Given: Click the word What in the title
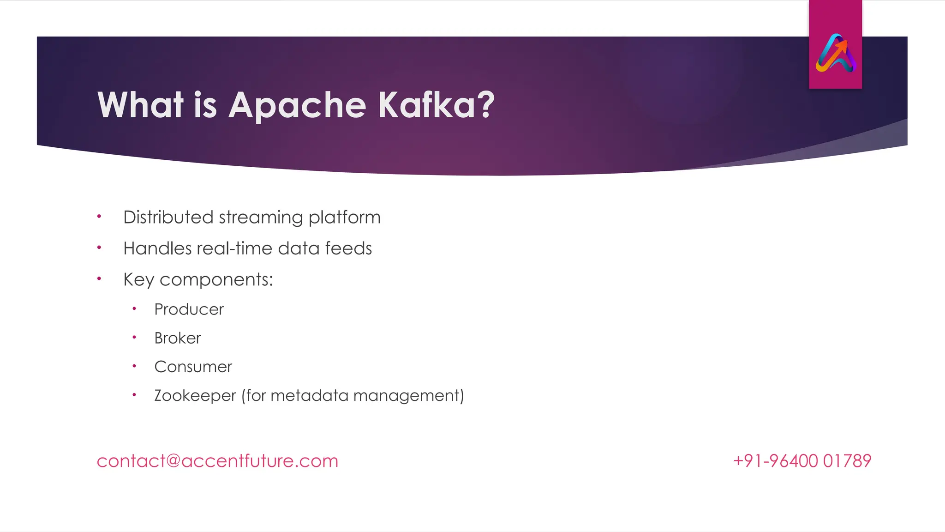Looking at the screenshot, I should click(x=141, y=105).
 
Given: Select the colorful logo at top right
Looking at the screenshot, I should click(x=836, y=53).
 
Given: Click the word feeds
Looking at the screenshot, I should click(x=348, y=248).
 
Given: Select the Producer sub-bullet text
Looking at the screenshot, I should click(x=189, y=309).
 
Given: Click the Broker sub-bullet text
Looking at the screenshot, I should click(x=178, y=338).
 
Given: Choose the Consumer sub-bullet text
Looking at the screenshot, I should click(x=193, y=367).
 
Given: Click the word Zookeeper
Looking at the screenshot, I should click(x=195, y=396).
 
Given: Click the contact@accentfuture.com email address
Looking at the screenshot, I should click(x=217, y=461).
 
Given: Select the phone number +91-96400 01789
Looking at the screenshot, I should click(x=802, y=461).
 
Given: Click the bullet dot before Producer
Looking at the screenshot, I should click(x=134, y=308).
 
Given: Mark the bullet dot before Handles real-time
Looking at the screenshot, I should click(x=99, y=248).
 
